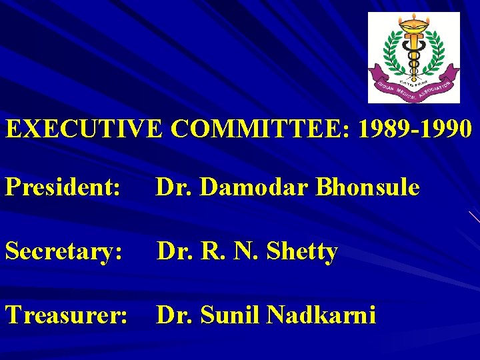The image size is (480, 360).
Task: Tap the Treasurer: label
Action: click(x=67, y=314)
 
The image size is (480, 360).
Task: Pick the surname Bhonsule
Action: click(x=368, y=188)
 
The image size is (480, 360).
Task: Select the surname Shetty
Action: click(x=302, y=251)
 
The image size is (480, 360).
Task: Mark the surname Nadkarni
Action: click(x=322, y=314)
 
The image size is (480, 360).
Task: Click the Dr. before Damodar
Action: click(x=173, y=188)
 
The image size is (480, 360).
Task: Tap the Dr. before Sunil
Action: click(x=173, y=314)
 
